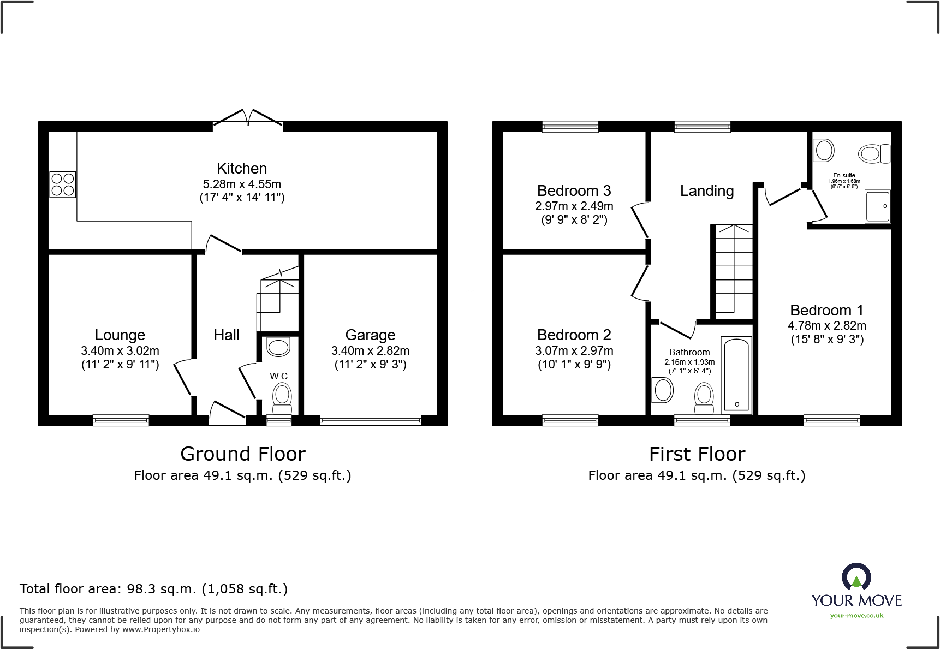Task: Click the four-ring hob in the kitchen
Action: click(63, 184)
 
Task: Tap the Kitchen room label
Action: click(242, 168)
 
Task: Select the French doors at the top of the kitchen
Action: click(248, 117)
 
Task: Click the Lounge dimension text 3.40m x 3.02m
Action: click(120, 350)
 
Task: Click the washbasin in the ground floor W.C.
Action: click(278, 347)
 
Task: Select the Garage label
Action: click(370, 335)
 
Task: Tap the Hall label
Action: click(227, 335)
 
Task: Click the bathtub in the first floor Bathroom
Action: click(736, 374)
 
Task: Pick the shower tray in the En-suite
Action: click(877, 206)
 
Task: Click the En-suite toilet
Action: click(873, 153)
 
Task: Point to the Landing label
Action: click(707, 191)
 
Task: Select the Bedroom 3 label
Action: click(574, 191)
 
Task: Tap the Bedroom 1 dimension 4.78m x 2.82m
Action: click(826, 325)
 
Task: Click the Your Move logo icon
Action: click(856, 577)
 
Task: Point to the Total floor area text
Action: click(153, 589)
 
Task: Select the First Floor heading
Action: click(697, 454)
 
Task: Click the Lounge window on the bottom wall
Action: click(121, 420)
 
